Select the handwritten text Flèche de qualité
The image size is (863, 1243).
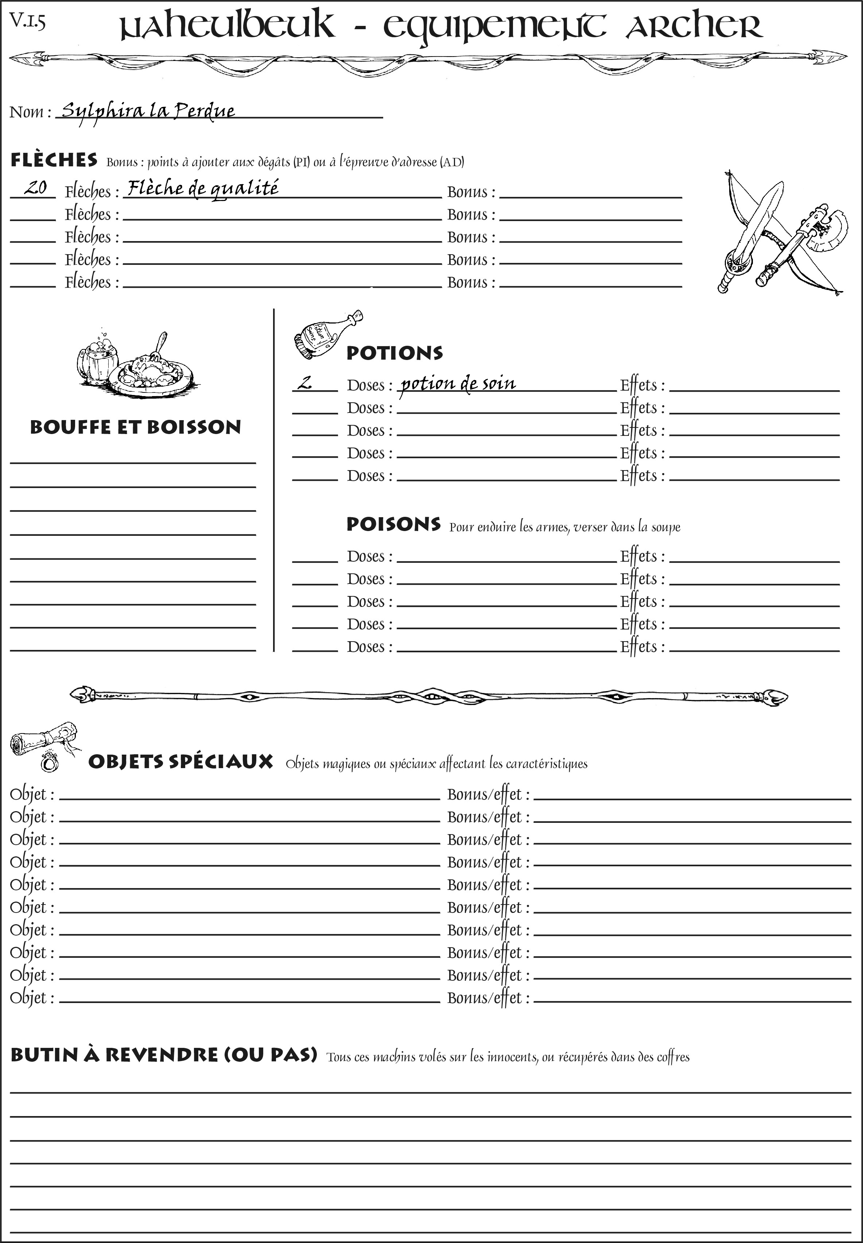[203, 188]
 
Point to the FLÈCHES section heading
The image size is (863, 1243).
[54, 160]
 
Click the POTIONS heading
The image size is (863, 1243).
[394, 353]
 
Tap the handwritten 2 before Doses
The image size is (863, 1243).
[306, 383]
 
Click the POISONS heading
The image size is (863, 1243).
[393, 524]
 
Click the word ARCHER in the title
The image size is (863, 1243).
[694, 26]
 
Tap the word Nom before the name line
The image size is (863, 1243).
[26, 112]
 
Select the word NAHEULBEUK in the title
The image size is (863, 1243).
[226, 26]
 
